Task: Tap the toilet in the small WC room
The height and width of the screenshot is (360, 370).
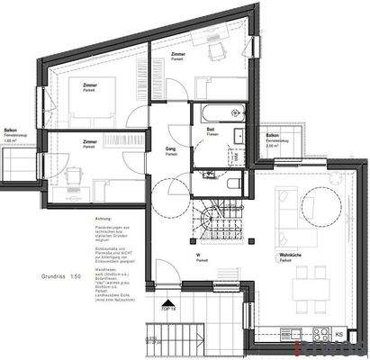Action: tap(232, 184)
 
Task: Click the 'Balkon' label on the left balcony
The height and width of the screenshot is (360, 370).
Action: tap(12, 130)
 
